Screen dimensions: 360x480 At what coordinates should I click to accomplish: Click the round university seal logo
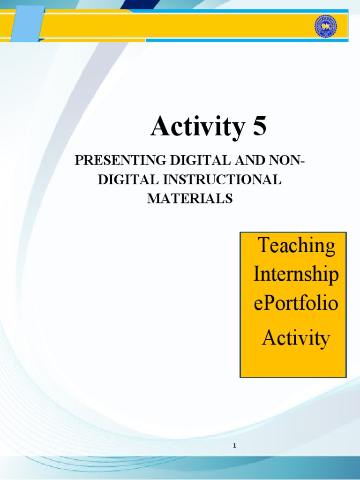coord(326,27)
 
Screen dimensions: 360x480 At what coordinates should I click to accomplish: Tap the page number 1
coord(234,446)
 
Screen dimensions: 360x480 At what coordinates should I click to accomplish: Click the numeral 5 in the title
coord(260,126)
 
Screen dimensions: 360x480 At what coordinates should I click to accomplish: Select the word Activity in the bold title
coord(198,126)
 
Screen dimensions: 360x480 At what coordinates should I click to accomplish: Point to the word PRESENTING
coord(120,160)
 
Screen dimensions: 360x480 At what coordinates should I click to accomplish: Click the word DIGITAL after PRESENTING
coord(200,160)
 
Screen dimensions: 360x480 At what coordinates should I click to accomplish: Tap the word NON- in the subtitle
coord(287,160)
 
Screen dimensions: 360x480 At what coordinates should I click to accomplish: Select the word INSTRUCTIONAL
coord(222,180)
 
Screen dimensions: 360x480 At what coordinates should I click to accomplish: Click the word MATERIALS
coord(190,198)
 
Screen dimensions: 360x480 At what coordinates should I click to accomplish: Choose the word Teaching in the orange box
coord(297,246)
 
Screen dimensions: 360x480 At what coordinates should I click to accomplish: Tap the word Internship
coord(296,274)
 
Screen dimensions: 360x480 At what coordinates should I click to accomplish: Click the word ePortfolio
coord(296,303)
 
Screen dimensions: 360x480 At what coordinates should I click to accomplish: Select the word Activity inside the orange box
coord(296,338)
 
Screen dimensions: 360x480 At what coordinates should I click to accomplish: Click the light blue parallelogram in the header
coord(28,23)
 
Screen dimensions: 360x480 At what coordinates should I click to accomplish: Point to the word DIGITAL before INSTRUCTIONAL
coord(128,180)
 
